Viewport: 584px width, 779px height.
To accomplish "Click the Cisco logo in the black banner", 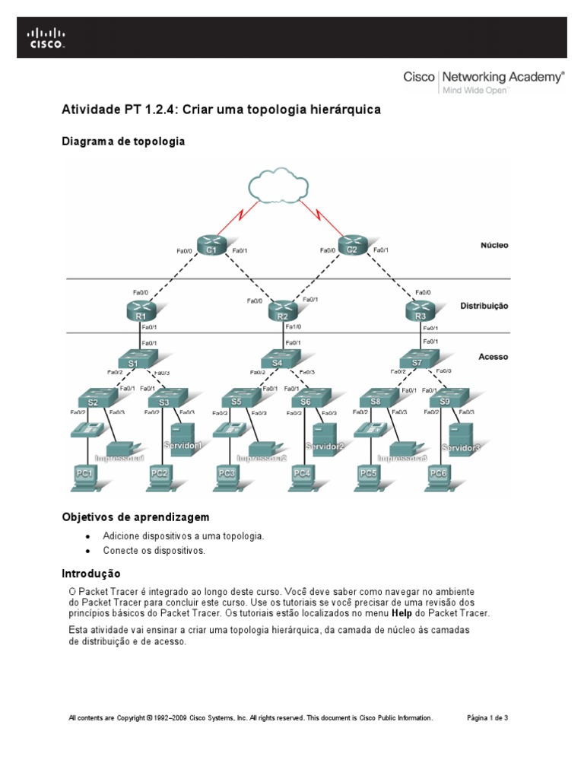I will (x=46, y=38).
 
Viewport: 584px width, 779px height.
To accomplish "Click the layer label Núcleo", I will (x=494, y=246).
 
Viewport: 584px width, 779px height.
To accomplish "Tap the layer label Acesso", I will (x=494, y=356).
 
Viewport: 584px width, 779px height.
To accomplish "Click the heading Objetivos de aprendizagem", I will (x=135, y=517).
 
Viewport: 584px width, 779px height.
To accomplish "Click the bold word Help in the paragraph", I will (x=401, y=613).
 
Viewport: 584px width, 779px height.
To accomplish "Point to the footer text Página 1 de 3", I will (x=487, y=717).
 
